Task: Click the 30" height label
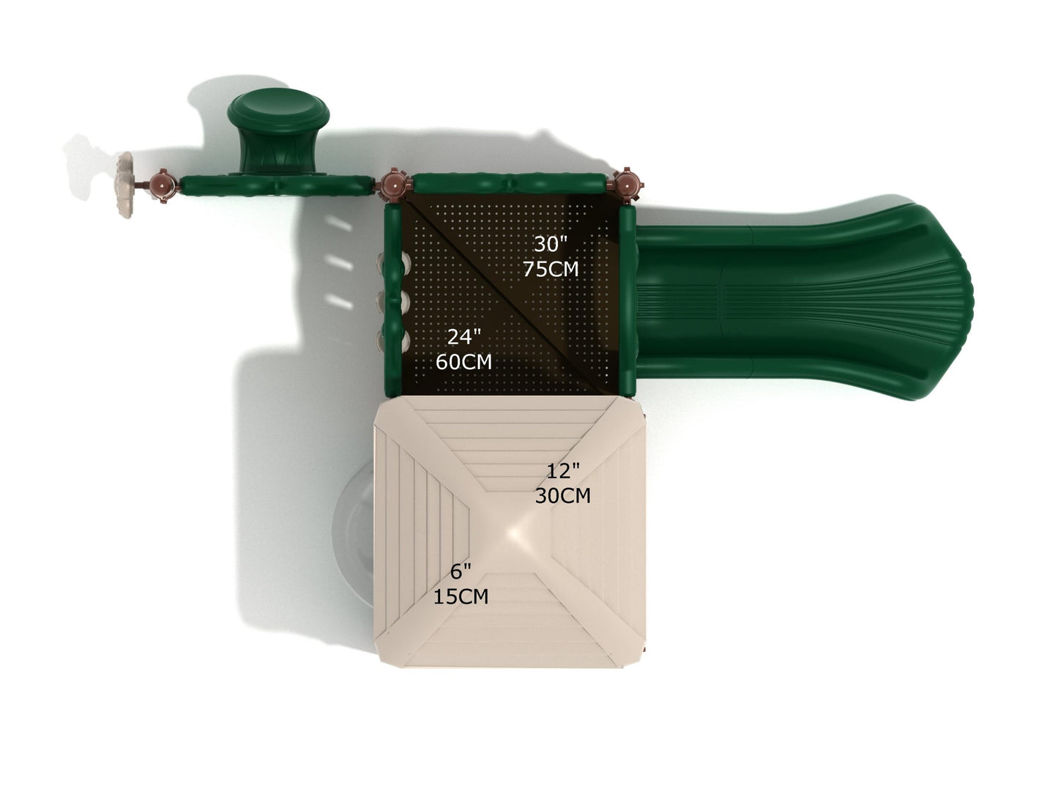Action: [x=551, y=245]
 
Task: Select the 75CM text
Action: [x=551, y=269]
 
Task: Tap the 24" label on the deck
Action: [x=463, y=337]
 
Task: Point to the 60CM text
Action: [x=463, y=362]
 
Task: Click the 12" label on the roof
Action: [x=562, y=471]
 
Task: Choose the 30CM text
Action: [x=562, y=496]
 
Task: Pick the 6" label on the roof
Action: [x=461, y=572]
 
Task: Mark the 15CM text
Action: [x=461, y=597]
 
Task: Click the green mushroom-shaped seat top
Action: [x=278, y=110]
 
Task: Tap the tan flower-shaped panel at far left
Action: [x=125, y=185]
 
